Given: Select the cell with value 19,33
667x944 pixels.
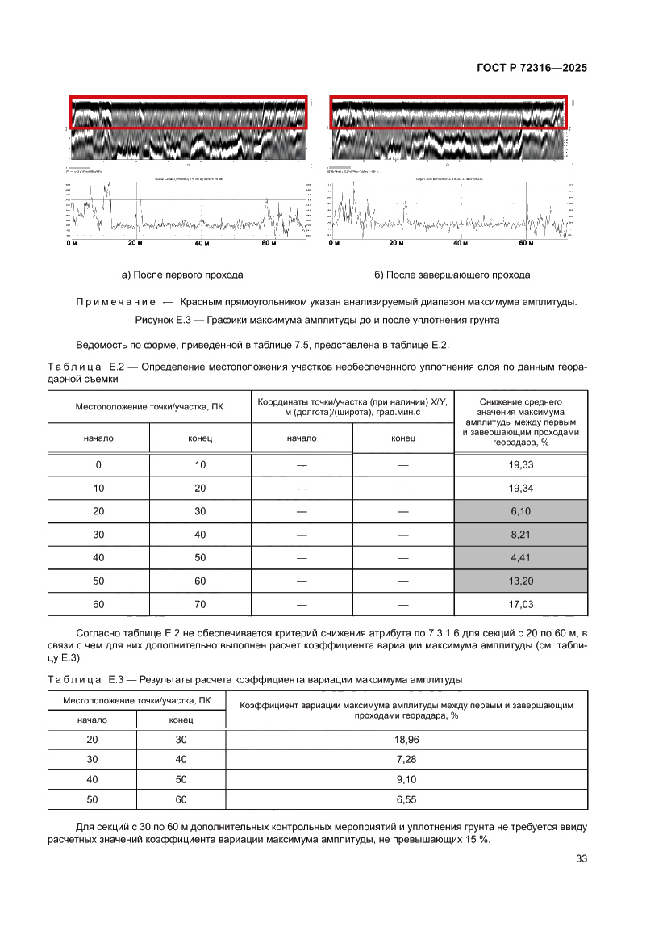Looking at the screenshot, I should pos(522,465).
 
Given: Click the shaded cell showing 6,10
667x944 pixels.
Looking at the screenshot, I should pos(522,511).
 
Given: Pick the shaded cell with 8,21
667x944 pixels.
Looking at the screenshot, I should pos(522,535).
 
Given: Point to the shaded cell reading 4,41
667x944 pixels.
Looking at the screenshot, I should pos(522,558).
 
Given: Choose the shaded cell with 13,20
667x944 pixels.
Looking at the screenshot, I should pos(522,581).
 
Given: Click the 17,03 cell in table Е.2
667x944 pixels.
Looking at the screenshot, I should pos(522,605).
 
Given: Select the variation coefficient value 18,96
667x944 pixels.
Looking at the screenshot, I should pos(407,740).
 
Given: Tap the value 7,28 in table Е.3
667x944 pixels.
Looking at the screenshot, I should pos(407,760).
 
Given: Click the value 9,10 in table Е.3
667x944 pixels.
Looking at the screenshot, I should pos(407,779).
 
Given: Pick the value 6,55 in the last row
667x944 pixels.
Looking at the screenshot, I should pos(407,799).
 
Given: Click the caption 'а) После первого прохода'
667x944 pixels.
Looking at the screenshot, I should pos(182,275).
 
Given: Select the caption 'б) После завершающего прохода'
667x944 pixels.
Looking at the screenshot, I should pos(452,275).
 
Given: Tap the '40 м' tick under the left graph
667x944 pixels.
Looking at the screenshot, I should pos(202,243).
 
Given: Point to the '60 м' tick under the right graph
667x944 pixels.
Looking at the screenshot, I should pos(526,243).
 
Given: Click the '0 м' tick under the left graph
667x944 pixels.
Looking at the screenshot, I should pos(72,243).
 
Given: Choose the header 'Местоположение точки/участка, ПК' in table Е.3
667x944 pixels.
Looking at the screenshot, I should pos(137,699).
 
